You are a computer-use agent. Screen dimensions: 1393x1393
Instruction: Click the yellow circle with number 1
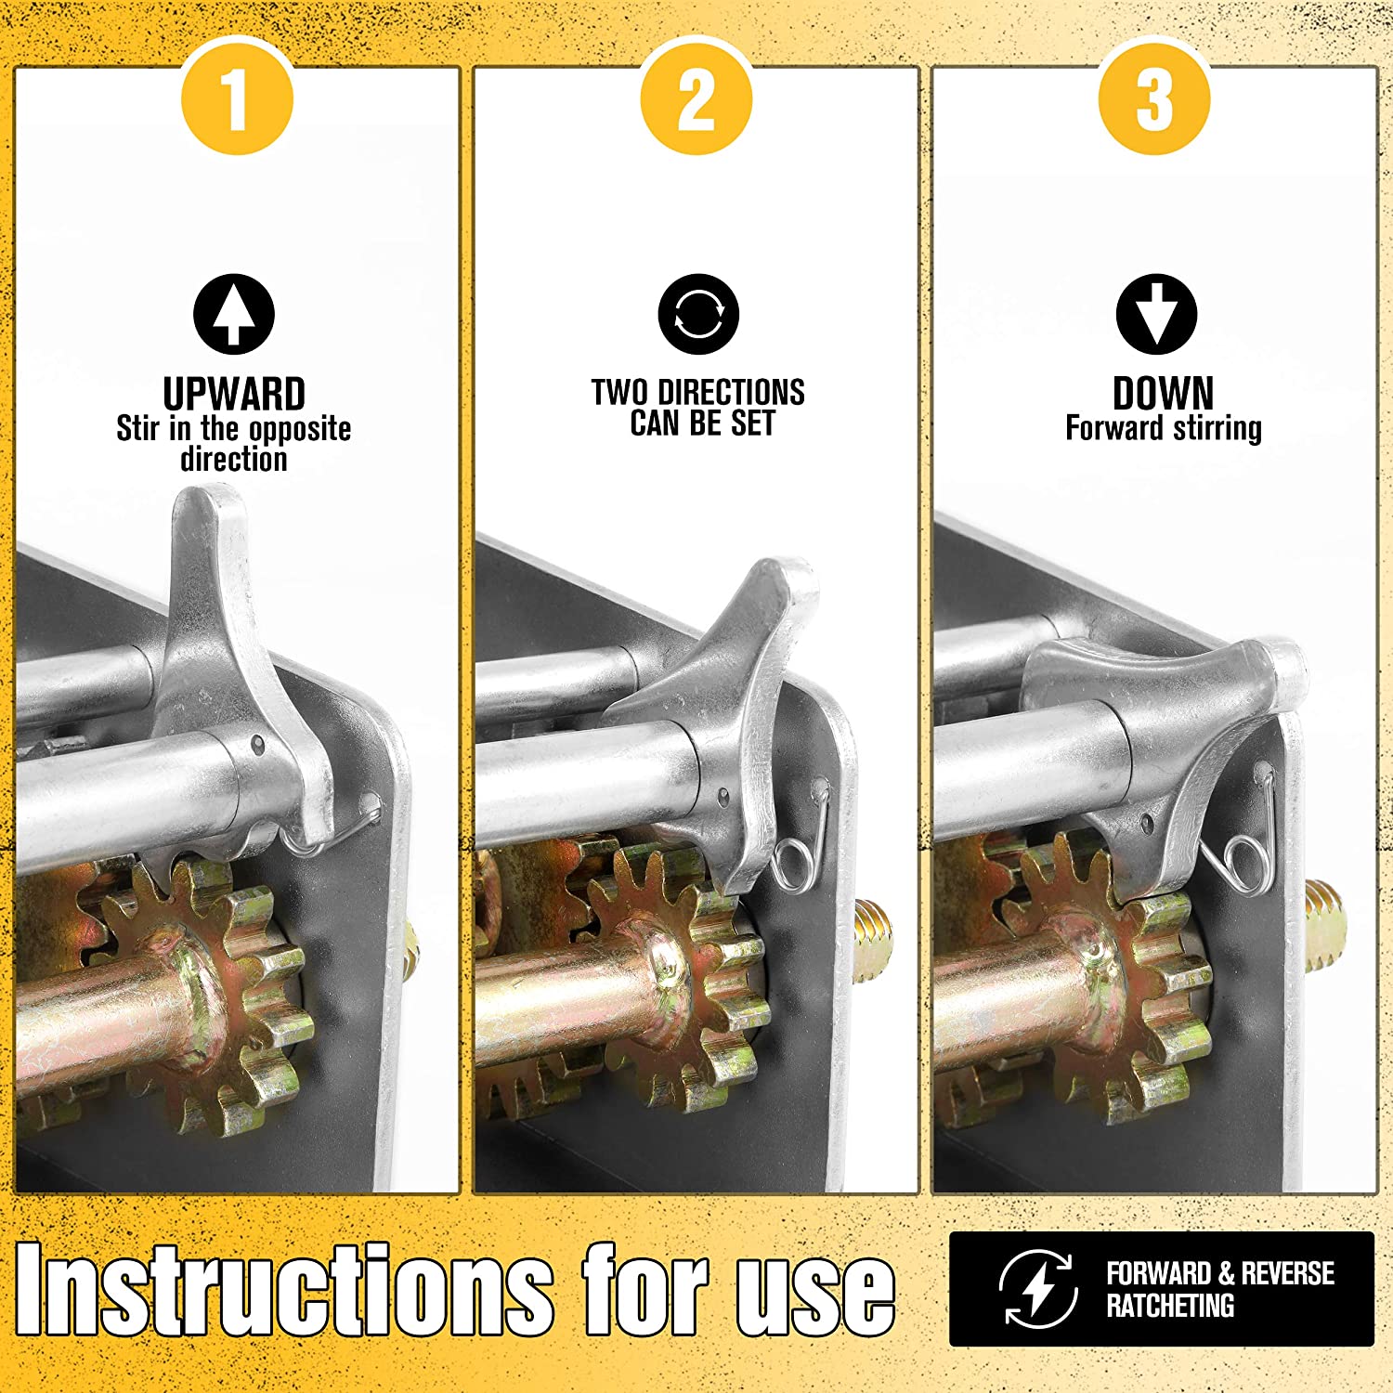click(x=237, y=99)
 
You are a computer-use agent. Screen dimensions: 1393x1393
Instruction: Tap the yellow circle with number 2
click(x=696, y=99)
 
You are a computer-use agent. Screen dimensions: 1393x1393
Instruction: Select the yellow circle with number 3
click(x=1154, y=99)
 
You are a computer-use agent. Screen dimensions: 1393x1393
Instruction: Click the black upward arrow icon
click(x=234, y=314)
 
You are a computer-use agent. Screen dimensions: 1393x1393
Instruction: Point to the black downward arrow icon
click(x=1157, y=314)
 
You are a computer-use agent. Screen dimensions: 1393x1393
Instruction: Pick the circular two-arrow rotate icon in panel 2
click(x=698, y=314)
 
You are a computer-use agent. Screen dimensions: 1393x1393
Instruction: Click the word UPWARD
click(x=234, y=394)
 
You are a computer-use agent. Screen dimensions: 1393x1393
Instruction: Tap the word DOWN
click(x=1163, y=393)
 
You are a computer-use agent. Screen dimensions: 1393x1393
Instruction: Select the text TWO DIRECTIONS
click(x=698, y=392)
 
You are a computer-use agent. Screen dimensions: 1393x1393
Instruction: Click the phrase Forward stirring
click(x=1164, y=428)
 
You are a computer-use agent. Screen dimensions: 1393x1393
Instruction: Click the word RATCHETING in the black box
click(x=1170, y=1306)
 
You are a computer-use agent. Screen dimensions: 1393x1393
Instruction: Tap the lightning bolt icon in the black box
click(x=1038, y=1289)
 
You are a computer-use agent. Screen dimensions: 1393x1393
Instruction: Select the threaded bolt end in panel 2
click(x=873, y=938)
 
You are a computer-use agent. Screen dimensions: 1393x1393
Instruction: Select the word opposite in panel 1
click(x=300, y=430)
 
